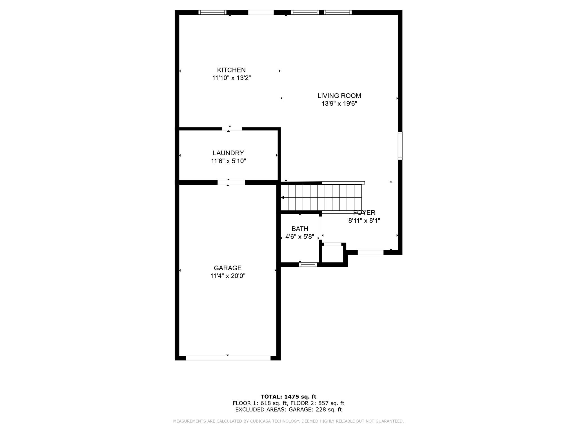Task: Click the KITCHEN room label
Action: coord(231,70)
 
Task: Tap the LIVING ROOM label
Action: coord(339,96)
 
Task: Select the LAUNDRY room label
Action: coord(228,153)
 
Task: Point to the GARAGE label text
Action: coord(228,268)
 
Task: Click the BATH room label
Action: coord(300,229)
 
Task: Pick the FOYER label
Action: coord(364,213)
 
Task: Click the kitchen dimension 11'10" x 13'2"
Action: coord(231,78)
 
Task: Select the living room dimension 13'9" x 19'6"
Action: coord(339,104)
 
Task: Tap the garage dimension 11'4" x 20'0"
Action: coord(228,276)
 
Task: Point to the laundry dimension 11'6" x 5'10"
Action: coord(228,161)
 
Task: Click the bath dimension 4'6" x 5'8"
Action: coord(300,237)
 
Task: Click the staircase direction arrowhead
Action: coord(283,198)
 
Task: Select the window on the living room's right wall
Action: coord(400,146)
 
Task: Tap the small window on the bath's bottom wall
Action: coord(308,264)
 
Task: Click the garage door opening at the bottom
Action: coord(228,358)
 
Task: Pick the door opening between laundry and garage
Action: coord(231,182)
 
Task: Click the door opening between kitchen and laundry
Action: coord(232,129)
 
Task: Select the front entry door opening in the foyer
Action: coord(371,253)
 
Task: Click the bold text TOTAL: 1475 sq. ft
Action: coord(288,397)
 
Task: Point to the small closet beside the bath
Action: coord(333,254)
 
